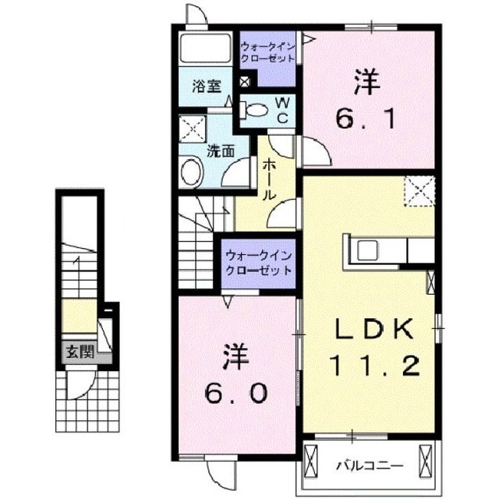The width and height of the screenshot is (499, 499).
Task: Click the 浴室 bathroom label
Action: coord(207,86)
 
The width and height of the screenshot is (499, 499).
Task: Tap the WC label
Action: coord(282,111)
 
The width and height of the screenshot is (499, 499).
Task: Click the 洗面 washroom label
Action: coord(221,151)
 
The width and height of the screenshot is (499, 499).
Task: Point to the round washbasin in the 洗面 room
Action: coord(192,172)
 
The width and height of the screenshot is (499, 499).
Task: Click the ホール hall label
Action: coord(269,180)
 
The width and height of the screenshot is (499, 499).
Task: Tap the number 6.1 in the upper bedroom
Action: coord(366,118)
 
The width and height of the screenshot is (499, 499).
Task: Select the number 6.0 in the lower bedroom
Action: coord(235,392)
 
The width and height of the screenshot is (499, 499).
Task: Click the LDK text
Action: coord(374,328)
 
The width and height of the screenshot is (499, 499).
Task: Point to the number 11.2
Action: coord(373,366)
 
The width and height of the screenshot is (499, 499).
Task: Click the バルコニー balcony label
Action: coord(370,466)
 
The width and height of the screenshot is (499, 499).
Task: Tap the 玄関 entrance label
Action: coord(80,352)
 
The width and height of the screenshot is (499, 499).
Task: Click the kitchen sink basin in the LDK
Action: coord(367,249)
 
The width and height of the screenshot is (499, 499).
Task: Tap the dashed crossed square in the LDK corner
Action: coord(419,192)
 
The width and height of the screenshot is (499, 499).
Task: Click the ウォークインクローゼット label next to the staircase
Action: coord(258,263)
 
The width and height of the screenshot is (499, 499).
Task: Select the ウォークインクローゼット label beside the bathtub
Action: coord(268,52)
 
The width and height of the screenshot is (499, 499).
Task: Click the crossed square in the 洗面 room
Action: coord(193,128)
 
